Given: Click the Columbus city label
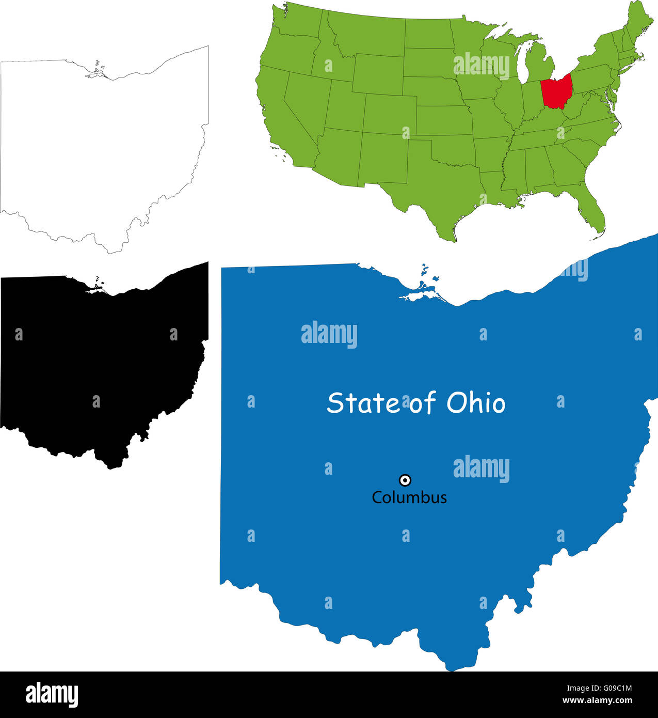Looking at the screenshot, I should (x=409, y=497).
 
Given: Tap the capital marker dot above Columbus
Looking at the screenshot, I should (x=406, y=480).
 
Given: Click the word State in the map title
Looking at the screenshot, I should (x=363, y=403).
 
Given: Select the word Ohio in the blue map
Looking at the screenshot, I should (x=476, y=403).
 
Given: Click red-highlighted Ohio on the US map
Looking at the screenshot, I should (x=556, y=91).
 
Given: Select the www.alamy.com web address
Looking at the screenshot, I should (x=597, y=700).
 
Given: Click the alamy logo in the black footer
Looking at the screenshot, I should (x=52, y=694).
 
